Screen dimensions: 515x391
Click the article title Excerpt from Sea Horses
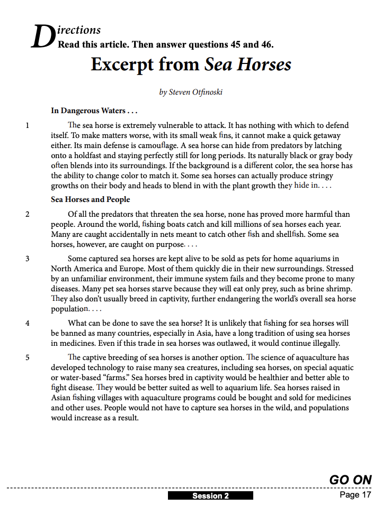pyautogui.click(x=191, y=65)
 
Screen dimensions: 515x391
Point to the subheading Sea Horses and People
pyautogui.click(x=90, y=199)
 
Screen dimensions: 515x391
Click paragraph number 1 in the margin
pyautogui.click(x=28, y=126)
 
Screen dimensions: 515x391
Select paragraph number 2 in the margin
pyautogui.click(x=28, y=215)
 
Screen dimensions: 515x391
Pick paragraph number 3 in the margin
pyautogui.click(x=28, y=259)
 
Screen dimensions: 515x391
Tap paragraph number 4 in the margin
pyautogui.click(x=28, y=323)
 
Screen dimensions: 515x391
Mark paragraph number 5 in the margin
pyautogui.click(x=28, y=357)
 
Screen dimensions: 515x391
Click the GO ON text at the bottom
pyautogui.click(x=350, y=480)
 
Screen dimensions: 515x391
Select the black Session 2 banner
pyautogui.click(x=210, y=496)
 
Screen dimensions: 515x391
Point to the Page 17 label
pyautogui.click(x=356, y=495)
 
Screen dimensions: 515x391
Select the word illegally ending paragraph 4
pyautogui.click(x=323, y=343)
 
